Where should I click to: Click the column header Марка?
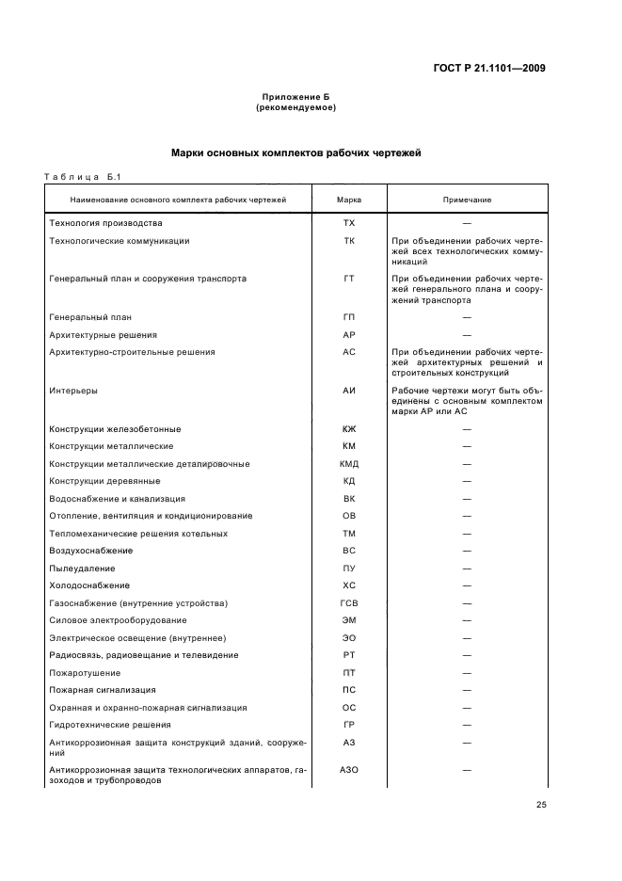pos(349,200)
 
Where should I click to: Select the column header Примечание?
pos(467,200)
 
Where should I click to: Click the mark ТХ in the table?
pos(349,223)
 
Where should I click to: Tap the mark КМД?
pos(349,464)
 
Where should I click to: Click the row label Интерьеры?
pos(72,389)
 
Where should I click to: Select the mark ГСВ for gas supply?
pos(349,602)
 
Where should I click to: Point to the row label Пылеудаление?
pos(82,569)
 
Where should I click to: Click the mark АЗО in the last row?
pos(349,770)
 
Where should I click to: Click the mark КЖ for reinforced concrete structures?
pos(349,429)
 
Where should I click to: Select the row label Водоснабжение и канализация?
pos(117,499)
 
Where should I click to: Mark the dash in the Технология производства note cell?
pos(467,223)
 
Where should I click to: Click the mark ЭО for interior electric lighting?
pos(349,637)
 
